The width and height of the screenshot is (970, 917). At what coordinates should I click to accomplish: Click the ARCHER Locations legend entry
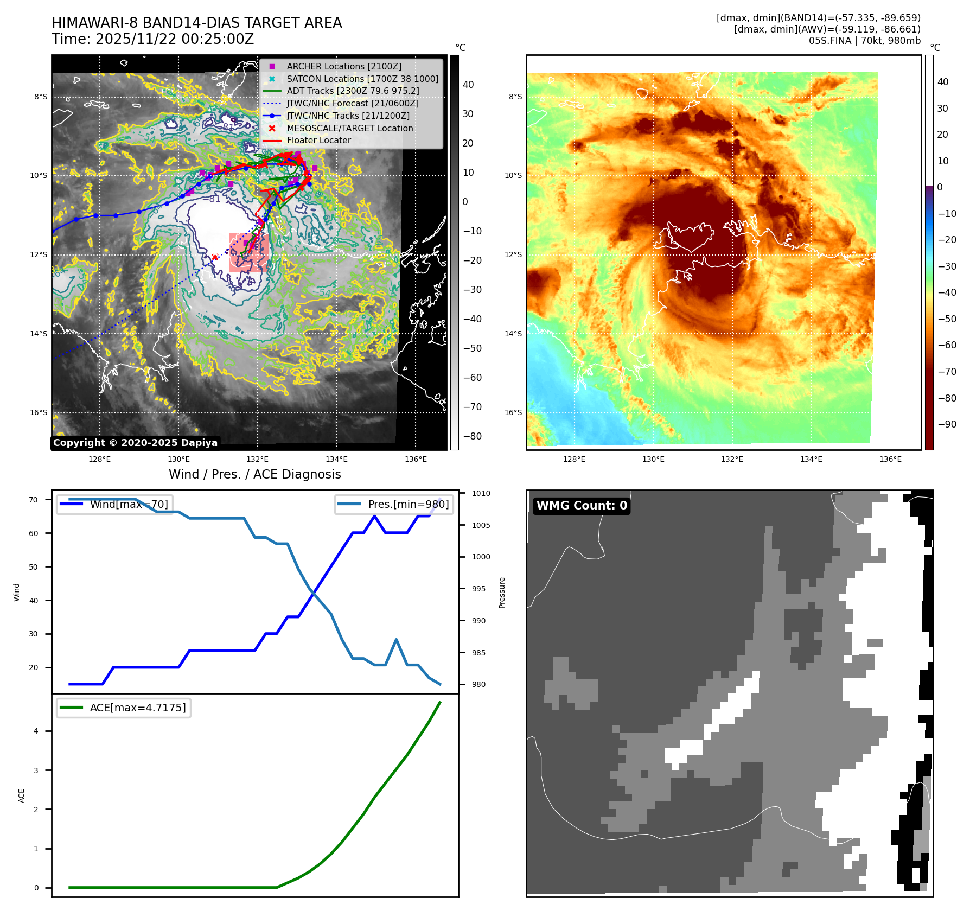(344, 66)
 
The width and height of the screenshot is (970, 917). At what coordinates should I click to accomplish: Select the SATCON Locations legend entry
(362, 79)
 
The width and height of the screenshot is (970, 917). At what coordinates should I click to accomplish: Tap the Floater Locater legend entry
(318, 140)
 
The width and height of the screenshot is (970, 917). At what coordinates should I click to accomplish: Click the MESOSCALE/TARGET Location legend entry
(349, 128)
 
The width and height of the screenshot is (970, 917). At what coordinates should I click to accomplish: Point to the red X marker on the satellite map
(215, 257)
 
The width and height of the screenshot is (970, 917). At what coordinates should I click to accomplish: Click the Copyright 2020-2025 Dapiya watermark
(135, 443)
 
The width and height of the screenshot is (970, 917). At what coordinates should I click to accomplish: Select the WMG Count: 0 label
(582, 506)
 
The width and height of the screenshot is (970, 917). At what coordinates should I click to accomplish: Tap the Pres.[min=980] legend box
(394, 504)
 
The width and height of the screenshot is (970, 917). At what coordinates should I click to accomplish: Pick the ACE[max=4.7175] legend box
(124, 708)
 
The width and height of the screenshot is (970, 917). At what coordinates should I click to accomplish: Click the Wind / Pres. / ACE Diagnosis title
(255, 474)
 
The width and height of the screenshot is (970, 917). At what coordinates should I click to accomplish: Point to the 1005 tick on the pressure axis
(481, 525)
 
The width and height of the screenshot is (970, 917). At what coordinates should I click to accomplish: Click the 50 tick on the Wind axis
(34, 567)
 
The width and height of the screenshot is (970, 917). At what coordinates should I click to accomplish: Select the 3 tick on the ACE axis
(36, 770)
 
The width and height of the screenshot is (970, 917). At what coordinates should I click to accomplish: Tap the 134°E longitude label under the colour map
(811, 459)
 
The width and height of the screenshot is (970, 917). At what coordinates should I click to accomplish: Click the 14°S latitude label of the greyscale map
(39, 334)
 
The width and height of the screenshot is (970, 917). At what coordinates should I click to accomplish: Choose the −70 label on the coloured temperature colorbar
(947, 372)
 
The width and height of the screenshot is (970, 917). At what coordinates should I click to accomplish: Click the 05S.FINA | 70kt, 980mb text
(864, 41)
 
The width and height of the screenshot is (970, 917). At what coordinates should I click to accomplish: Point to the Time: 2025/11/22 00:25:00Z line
(152, 39)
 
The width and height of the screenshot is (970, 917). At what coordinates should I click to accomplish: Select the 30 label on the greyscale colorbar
(468, 114)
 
